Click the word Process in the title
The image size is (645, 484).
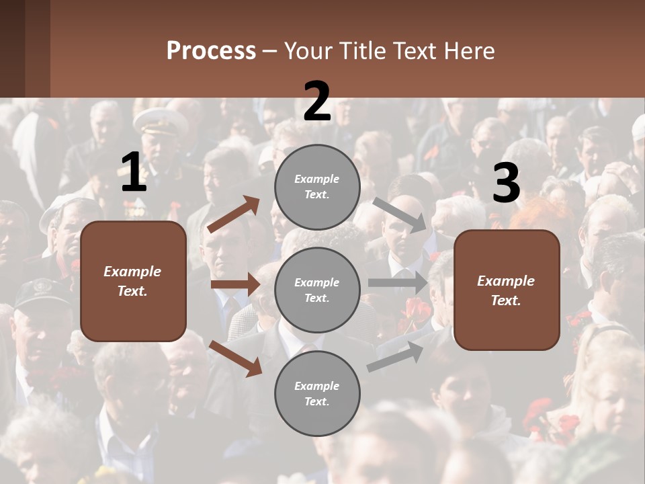tap(211, 51)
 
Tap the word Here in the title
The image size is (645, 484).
tap(468, 51)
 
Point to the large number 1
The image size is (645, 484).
tap(133, 173)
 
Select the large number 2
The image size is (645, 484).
tap(317, 102)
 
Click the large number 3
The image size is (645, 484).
tap(506, 184)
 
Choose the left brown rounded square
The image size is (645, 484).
tap(133, 281)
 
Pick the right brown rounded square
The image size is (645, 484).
tap(507, 290)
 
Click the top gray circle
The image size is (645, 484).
tap(317, 186)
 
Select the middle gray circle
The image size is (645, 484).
tap(317, 290)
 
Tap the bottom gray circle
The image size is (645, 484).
tap(317, 393)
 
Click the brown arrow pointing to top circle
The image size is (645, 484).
tap(234, 214)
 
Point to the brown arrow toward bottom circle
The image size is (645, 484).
tap(235, 358)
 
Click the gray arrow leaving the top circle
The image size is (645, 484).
tap(399, 214)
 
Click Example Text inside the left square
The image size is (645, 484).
tap(133, 281)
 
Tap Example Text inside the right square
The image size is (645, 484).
tap(507, 290)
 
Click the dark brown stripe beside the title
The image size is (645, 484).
tap(38, 48)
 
